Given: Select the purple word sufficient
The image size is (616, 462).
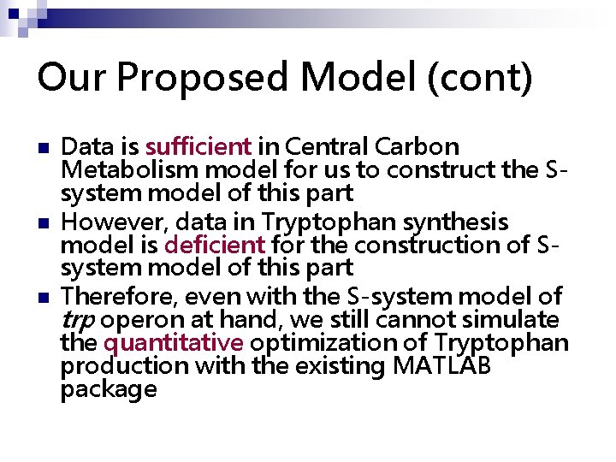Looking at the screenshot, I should coord(198,147).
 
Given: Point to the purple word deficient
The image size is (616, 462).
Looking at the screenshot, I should coord(215,245).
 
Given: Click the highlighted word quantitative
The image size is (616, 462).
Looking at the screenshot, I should coord(174,343).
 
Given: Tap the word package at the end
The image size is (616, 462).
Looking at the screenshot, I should coord(109,390).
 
